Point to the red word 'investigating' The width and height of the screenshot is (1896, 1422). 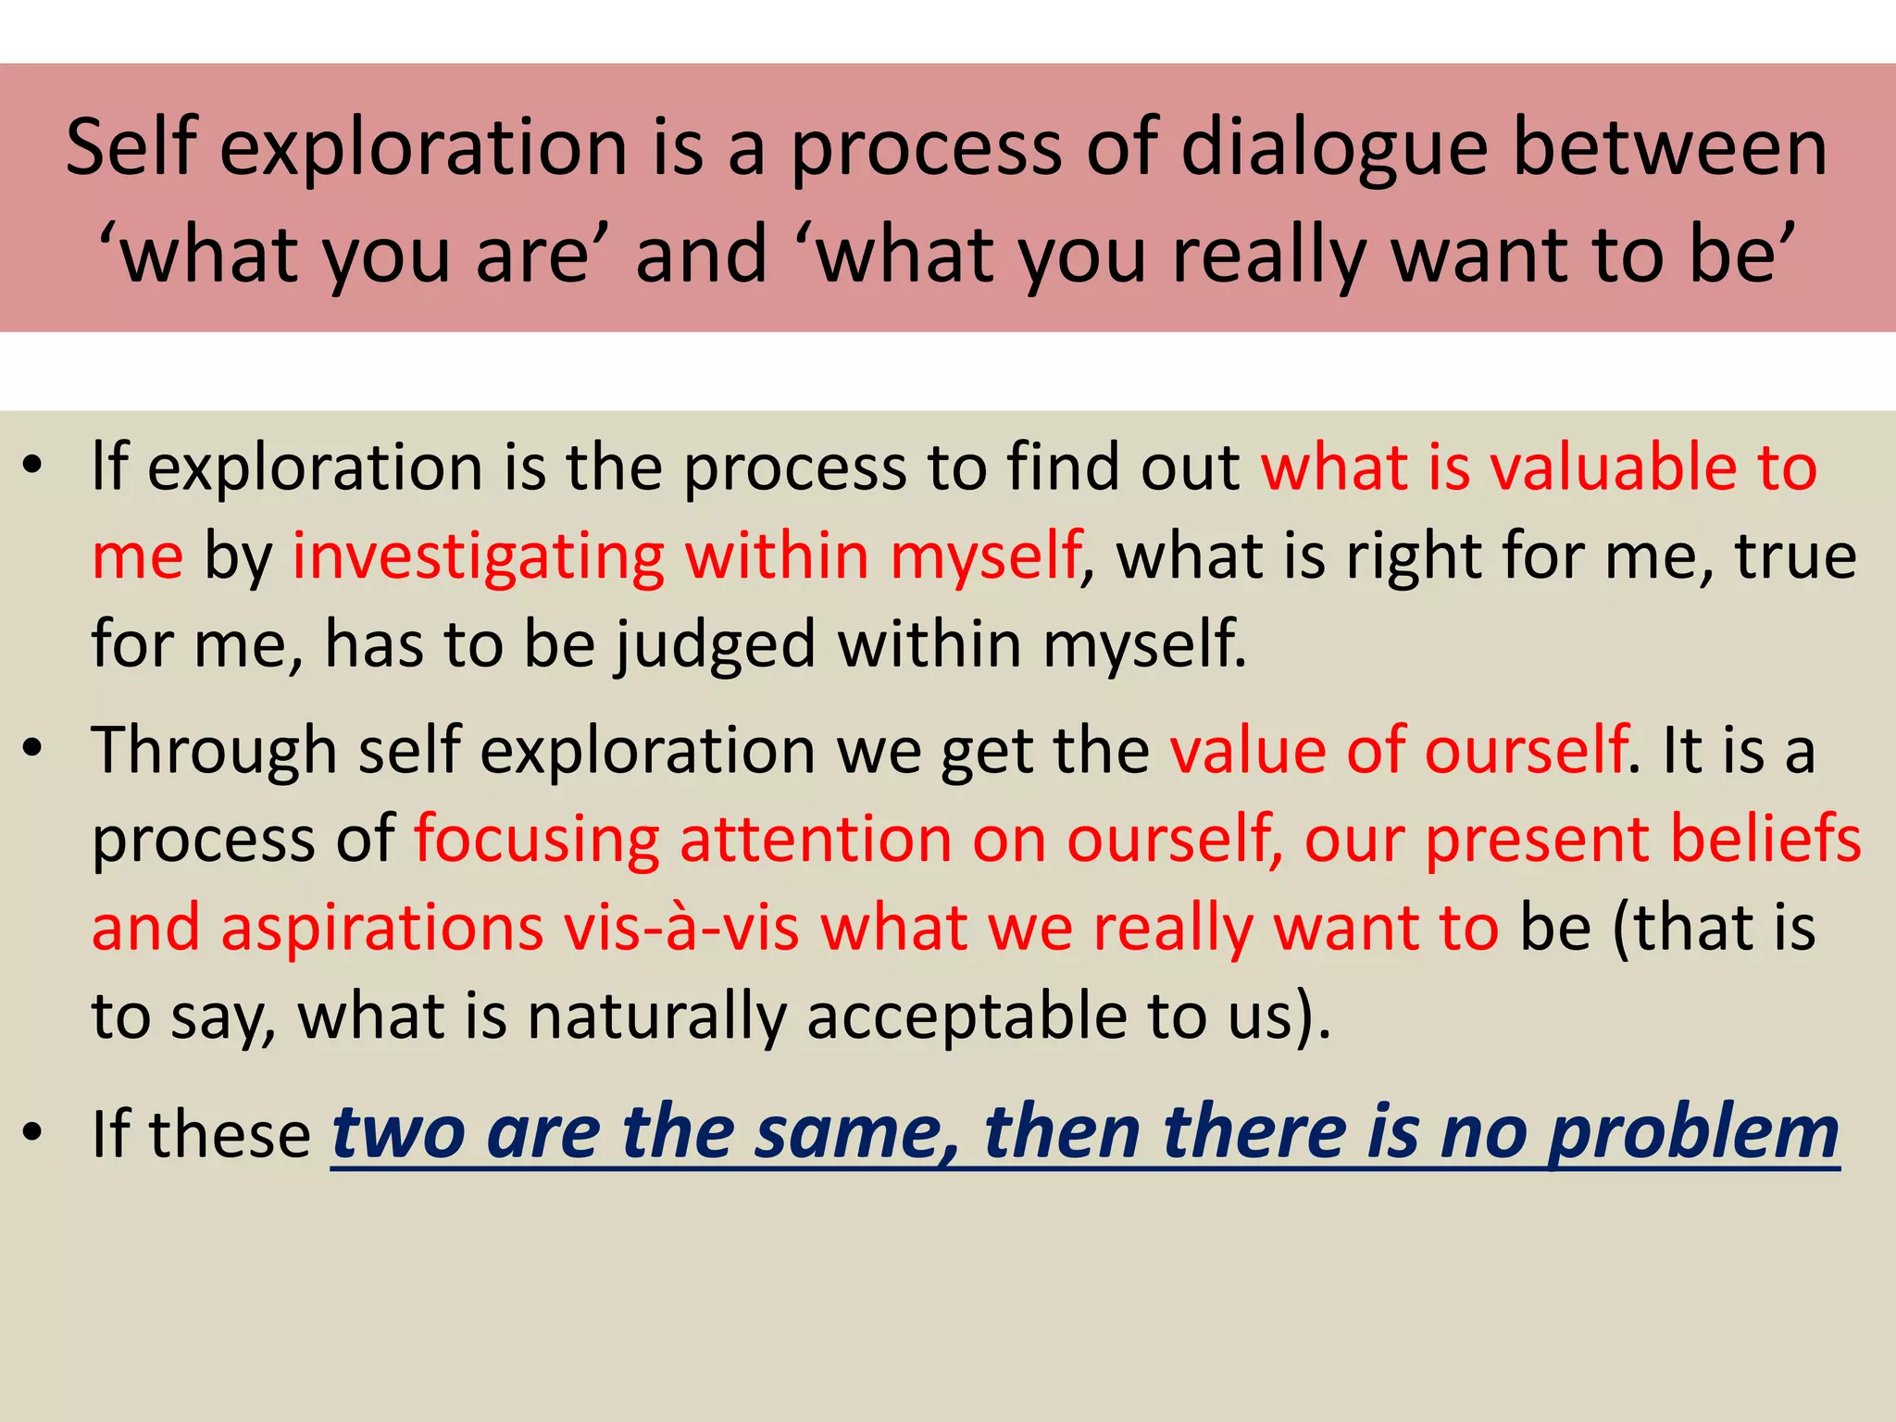click(478, 556)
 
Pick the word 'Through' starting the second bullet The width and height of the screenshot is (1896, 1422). click(214, 750)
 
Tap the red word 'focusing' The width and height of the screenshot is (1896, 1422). click(536, 839)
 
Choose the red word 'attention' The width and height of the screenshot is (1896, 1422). click(816, 839)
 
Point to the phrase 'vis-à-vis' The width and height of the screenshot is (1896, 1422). click(681, 928)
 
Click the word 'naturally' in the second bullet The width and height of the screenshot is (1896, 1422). click(656, 1017)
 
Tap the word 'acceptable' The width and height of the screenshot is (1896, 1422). click(967, 1017)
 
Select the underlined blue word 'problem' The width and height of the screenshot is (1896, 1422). click(1693, 1134)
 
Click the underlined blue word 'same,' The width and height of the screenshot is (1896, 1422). click(857, 1134)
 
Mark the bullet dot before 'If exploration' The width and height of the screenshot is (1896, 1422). click(33, 467)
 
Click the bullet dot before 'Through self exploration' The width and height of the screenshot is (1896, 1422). click(33, 750)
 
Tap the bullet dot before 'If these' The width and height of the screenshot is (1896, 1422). click(33, 1134)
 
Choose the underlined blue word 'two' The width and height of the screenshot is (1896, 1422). click(398, 1134)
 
